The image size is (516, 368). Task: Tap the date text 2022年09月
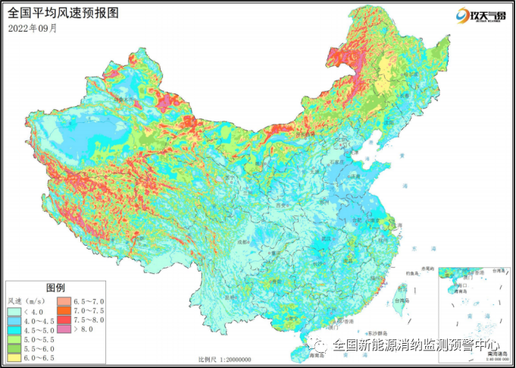pos(33,28)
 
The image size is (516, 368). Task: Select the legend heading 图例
pos(56,288)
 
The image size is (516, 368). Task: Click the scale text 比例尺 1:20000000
pos(226,360)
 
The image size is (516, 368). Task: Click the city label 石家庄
pos(336,162)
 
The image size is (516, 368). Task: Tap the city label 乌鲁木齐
pos(121,99)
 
